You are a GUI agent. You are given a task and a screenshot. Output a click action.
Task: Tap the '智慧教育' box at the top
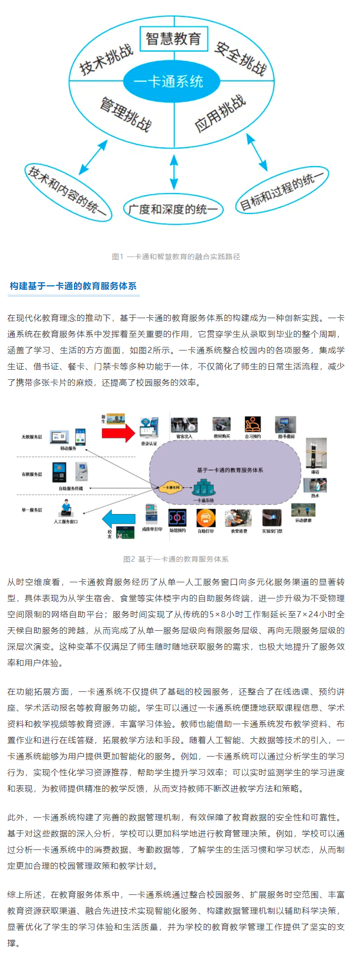[x=173, y=39]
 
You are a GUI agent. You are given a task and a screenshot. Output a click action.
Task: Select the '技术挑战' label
[x=106, y=59]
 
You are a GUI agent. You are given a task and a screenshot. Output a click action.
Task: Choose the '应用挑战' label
[x=220, y=114]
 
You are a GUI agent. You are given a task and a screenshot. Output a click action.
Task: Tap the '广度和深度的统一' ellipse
[x=173, y=209]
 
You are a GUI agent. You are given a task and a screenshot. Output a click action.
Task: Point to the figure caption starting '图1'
[x=176, y=257]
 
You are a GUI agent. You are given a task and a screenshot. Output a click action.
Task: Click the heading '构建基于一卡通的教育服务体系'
[x=73, y=286]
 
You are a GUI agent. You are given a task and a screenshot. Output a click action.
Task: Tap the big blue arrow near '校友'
[x=119, y=519]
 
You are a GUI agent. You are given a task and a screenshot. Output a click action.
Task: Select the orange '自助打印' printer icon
[x=205, y=518]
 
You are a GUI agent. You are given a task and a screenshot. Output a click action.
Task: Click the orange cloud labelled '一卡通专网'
[x=169, y=487]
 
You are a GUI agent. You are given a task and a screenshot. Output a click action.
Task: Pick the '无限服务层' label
[x=32, y=437]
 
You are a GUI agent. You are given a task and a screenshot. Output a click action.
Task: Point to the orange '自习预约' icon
[x=252, y=424]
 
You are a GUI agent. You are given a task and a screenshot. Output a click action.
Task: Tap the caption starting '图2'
[x=176, y=559]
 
